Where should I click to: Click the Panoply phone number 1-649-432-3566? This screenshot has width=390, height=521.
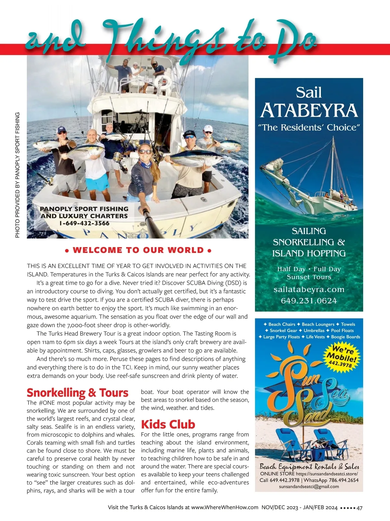coord(84,223)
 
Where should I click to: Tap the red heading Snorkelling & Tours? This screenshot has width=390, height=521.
coord(77,393)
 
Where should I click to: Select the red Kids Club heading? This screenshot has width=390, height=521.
coord(168,424)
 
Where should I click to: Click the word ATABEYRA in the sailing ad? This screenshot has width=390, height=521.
coord(309,111)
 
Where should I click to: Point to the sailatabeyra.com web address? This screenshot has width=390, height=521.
coord(309,289)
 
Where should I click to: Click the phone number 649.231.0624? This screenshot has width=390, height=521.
coord(309,301)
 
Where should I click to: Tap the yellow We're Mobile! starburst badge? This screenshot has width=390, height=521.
coord(341,357)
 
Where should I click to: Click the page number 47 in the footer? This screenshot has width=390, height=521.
coord(359,508)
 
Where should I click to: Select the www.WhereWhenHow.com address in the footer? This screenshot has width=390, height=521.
coord(225,507)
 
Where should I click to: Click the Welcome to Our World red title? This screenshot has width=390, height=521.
coord(138,250)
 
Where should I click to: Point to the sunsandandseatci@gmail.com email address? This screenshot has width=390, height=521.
coord(309,487)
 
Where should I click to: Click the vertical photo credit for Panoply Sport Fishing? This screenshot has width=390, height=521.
coord(18,175)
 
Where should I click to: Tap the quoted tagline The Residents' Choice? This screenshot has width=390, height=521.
coord(309,127)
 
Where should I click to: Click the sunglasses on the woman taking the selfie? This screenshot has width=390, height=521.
coord(145,152)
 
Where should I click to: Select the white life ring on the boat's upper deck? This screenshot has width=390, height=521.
coord(163,81)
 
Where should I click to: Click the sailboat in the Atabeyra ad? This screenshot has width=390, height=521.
coord(312,182)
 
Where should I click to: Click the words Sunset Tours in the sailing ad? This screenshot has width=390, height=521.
coord(309,277)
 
